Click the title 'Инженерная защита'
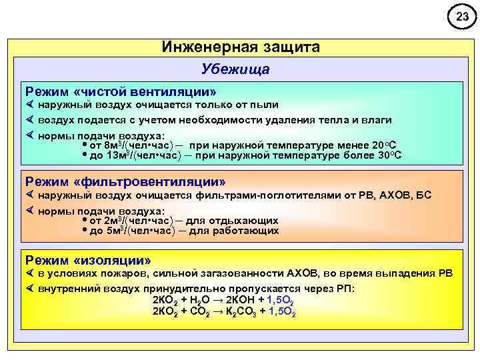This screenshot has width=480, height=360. point(241,47)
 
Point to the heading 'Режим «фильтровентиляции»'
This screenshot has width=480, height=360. point(125,181)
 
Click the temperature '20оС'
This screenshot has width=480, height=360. point(383,144)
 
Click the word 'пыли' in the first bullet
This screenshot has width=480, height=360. point(264,105)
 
